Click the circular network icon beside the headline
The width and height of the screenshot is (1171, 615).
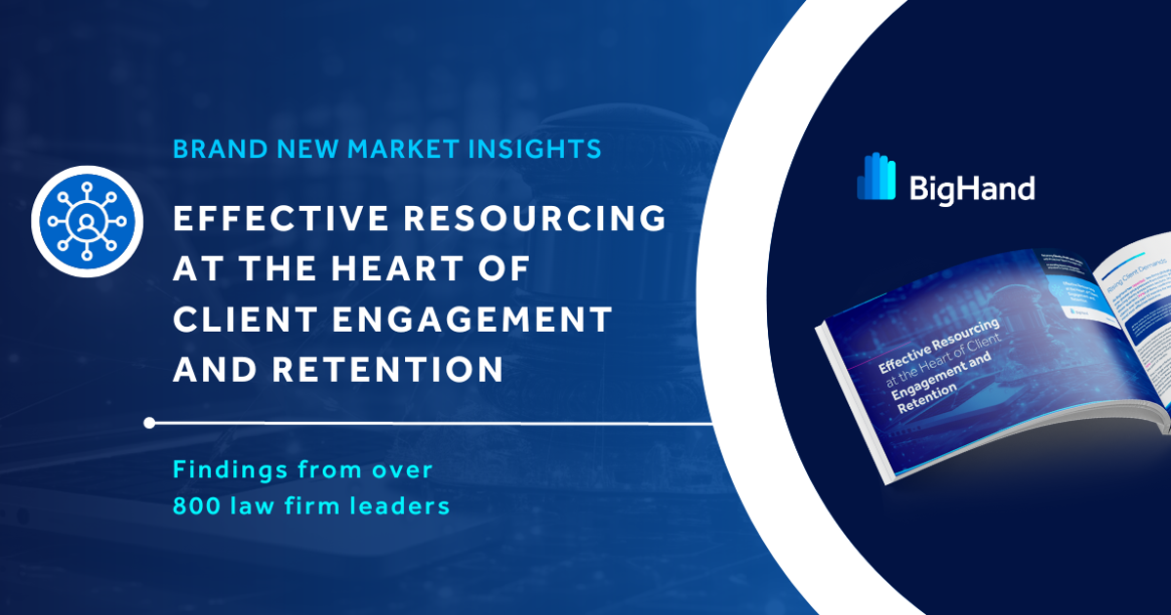point(87,223)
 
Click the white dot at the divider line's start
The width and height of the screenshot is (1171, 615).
point(148,423)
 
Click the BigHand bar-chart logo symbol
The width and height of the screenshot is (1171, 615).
point(875,177)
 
